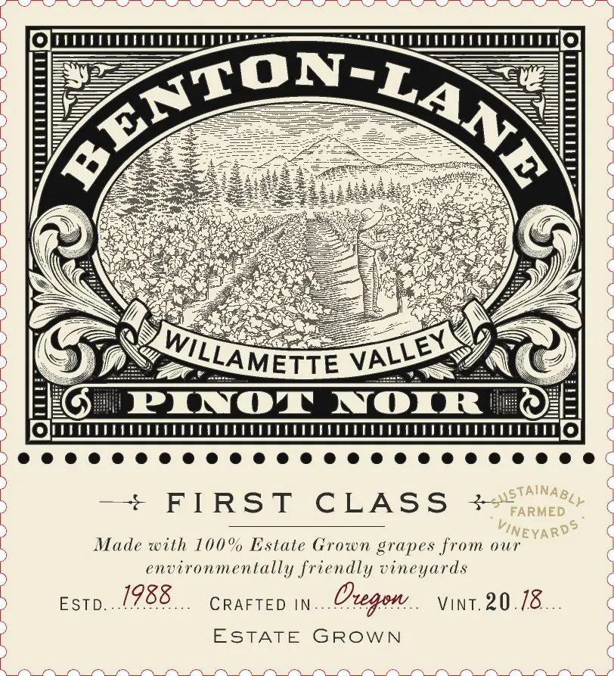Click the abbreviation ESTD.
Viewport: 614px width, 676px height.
82,605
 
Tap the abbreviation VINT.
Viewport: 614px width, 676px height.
460,605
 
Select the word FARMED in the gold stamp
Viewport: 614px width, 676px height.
538,512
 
